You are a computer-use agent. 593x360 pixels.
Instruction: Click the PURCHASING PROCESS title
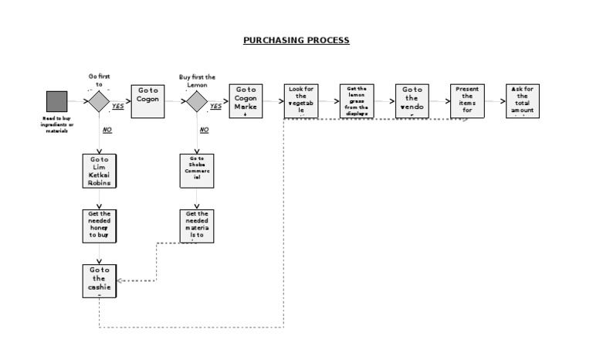point(296,40)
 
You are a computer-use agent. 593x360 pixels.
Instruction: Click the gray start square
point(56,101)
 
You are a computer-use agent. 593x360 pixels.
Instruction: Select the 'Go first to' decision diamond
point(99,101)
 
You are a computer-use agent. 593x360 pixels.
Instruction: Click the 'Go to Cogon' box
point(147,101)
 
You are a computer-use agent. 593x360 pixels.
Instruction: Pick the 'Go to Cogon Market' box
point(246,101)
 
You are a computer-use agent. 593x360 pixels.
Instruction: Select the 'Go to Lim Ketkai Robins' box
point(99,171)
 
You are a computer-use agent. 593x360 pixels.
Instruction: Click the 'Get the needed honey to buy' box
point(99,226)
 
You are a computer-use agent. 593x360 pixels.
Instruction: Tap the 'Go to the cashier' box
point(99,280)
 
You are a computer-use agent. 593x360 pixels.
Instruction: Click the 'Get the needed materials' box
point(197,226)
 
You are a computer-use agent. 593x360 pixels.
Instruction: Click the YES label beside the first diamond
point(118,107)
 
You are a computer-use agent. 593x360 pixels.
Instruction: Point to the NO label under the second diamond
point(205,130)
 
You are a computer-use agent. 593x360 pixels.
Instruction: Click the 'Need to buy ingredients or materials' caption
point(56,124)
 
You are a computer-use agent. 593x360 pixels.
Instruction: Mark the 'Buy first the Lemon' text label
point(197,77)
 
